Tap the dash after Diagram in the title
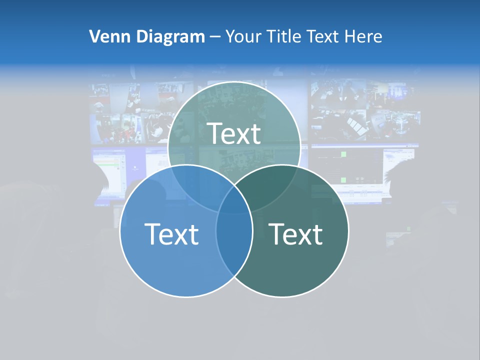point(215,37)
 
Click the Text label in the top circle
point(234,133)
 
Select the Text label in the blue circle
point(171,234)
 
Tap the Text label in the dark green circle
point(296,234)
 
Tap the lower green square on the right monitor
point(343,178)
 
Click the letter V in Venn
point(93,36)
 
